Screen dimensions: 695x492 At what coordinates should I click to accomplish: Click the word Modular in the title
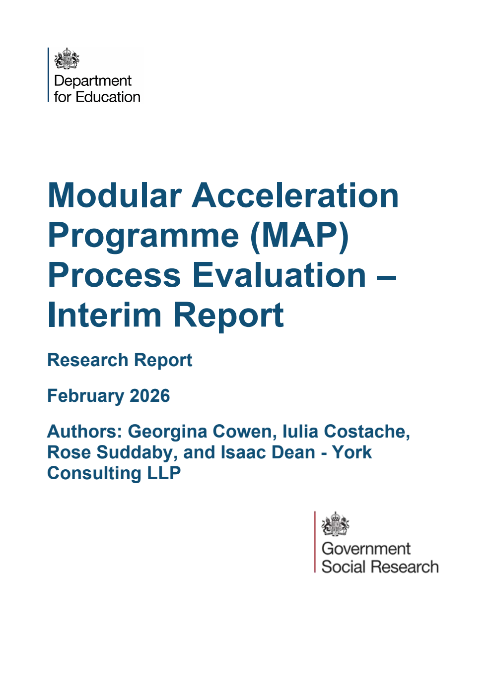115,195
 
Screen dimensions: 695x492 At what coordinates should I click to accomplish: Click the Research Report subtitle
120,360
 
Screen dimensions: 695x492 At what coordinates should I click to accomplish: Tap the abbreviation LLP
164,473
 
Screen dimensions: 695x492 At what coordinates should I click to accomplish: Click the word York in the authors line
352,452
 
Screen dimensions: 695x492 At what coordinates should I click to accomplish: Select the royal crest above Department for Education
67,59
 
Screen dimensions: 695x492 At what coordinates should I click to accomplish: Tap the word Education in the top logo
108,97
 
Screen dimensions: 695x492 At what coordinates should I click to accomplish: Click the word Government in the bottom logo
366,549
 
